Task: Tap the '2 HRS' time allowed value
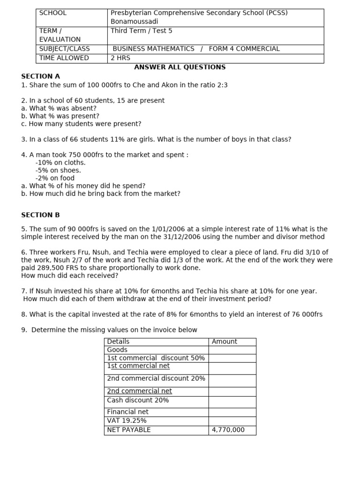click(x=120, y=58)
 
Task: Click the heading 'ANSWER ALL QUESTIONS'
click(x=180, y=67)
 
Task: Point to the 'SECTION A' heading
click(x=40, y=76)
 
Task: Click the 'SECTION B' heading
click(x=40, y=215)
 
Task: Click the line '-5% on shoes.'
click(x=58, y=171)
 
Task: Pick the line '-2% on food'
click(x=55, y=178)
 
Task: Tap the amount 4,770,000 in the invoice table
click(x=228, y=430)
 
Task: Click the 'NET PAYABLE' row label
click(x=129, y=430)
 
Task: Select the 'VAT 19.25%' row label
click(x=127, y=421)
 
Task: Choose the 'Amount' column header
click(x=225, y=342)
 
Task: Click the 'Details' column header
click(x=118, y=342)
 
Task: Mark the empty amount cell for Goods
click(x=232, y=350)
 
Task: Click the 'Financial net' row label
click(x=127, y=412)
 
